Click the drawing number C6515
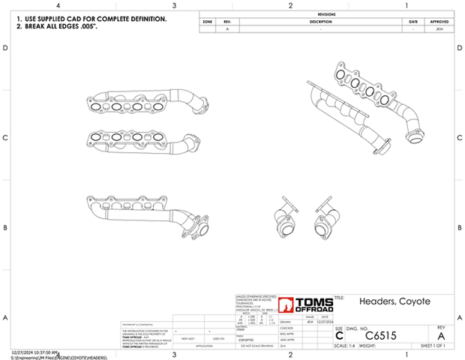(x=380, y=334)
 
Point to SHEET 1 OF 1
(x=430, y=346)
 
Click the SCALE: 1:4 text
(x=345, y=346)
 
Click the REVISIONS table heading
(x=326, y=14)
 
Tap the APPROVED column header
(x=439, y=21)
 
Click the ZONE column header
(x=207, y=21)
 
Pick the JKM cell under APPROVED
(x=439, y=28)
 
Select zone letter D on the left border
(x=6, y=48)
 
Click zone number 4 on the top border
(x=58, y=5)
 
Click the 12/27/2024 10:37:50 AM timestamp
(x=35, y=351)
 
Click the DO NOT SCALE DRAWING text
(x=255, y=346)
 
